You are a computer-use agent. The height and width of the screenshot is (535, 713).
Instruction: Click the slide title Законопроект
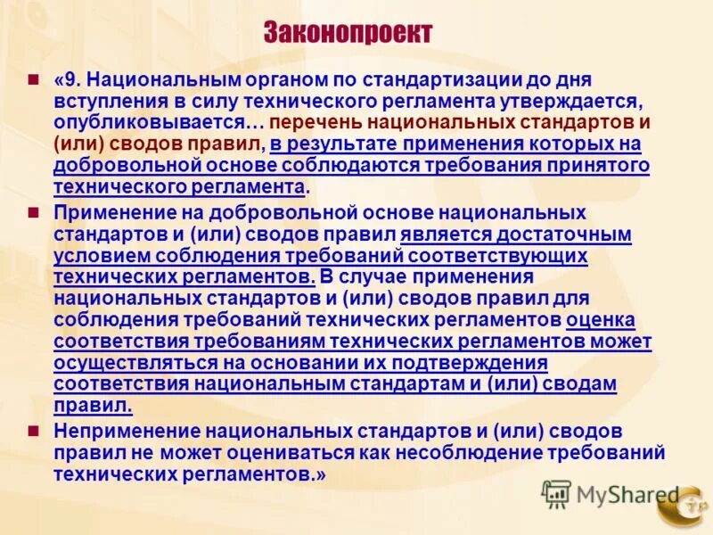coord(348,34)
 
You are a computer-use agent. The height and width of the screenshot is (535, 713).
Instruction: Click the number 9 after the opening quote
coord(75,80)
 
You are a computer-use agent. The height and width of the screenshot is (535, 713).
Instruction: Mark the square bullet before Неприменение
coord(34,430)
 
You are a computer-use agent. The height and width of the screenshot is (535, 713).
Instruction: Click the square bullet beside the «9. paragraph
coord(34,79)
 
